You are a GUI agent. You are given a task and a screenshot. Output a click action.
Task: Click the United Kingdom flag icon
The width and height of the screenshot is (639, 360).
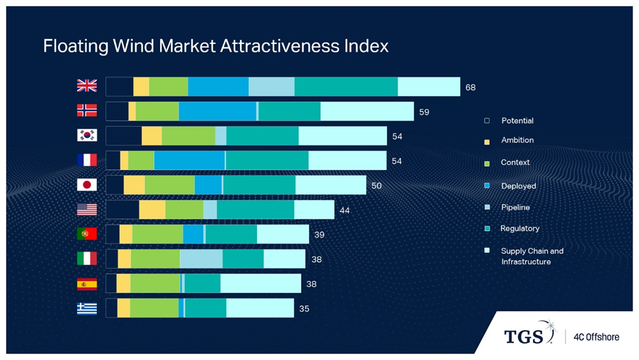87,86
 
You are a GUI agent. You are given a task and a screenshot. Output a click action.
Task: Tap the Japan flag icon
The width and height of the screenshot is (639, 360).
87,185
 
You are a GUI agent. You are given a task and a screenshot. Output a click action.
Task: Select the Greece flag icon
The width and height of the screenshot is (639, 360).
87,309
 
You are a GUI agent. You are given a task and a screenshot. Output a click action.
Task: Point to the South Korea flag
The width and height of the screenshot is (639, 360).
87,135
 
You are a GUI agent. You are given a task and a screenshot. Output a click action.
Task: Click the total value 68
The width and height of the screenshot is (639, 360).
471,87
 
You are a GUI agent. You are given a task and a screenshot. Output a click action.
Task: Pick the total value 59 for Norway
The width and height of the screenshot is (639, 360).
424,112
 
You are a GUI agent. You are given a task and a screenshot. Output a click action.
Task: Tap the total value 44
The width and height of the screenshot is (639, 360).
345,210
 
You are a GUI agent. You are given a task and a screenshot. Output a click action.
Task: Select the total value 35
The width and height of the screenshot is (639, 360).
304,309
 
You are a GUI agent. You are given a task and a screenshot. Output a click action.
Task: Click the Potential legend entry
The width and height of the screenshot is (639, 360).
517,120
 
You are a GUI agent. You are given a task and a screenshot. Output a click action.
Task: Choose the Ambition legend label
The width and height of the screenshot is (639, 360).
517,140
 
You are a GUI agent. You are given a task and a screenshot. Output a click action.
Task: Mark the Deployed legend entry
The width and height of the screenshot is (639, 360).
519,186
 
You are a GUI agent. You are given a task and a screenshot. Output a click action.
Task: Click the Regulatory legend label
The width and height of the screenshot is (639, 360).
520,229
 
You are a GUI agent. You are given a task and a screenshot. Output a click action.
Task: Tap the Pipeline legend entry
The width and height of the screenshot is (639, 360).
515,207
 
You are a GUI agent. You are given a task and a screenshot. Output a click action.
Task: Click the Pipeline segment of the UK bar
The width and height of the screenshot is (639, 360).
271,87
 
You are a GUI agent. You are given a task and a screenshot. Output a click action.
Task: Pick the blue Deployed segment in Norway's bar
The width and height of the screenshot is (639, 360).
218,112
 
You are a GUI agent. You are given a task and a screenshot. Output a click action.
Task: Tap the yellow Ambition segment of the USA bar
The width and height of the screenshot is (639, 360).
152,210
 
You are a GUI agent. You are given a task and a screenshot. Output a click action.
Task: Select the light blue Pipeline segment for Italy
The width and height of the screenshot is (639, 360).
201,259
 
